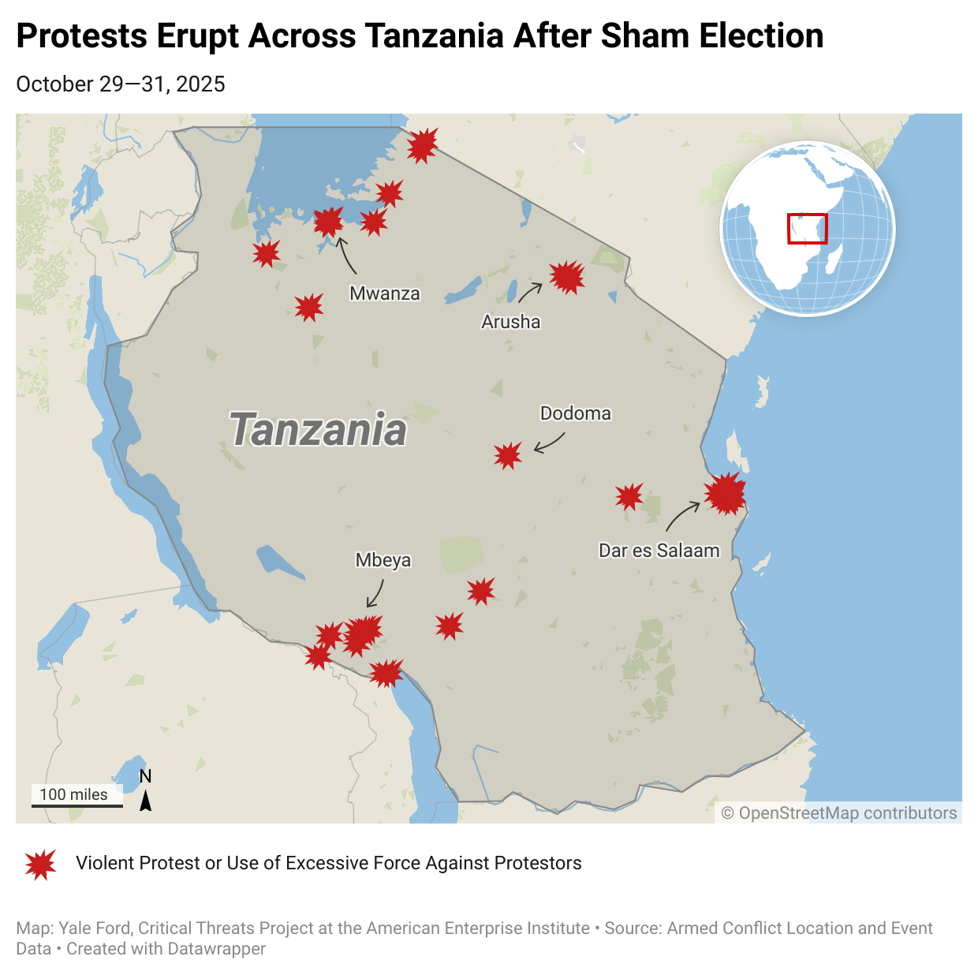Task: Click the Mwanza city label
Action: (x=385, y=293)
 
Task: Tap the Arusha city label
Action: (x=511, y=322)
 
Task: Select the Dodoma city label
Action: (x=575, y=413)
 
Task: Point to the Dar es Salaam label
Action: (x=659, y=551)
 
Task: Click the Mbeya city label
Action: (x=383, y=560)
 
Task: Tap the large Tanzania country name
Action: (x=318, y=430)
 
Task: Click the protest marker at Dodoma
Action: (x=508, y=455)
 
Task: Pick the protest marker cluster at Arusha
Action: (x=567, y=277)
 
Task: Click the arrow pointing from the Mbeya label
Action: (x=376, y=594)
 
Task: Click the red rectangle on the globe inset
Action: (x=808, y=228)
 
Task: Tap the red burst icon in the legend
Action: (x=40, y=864)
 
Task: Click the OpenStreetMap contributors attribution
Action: (x=839, y=813)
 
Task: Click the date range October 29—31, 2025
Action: (x=121, y=84)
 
